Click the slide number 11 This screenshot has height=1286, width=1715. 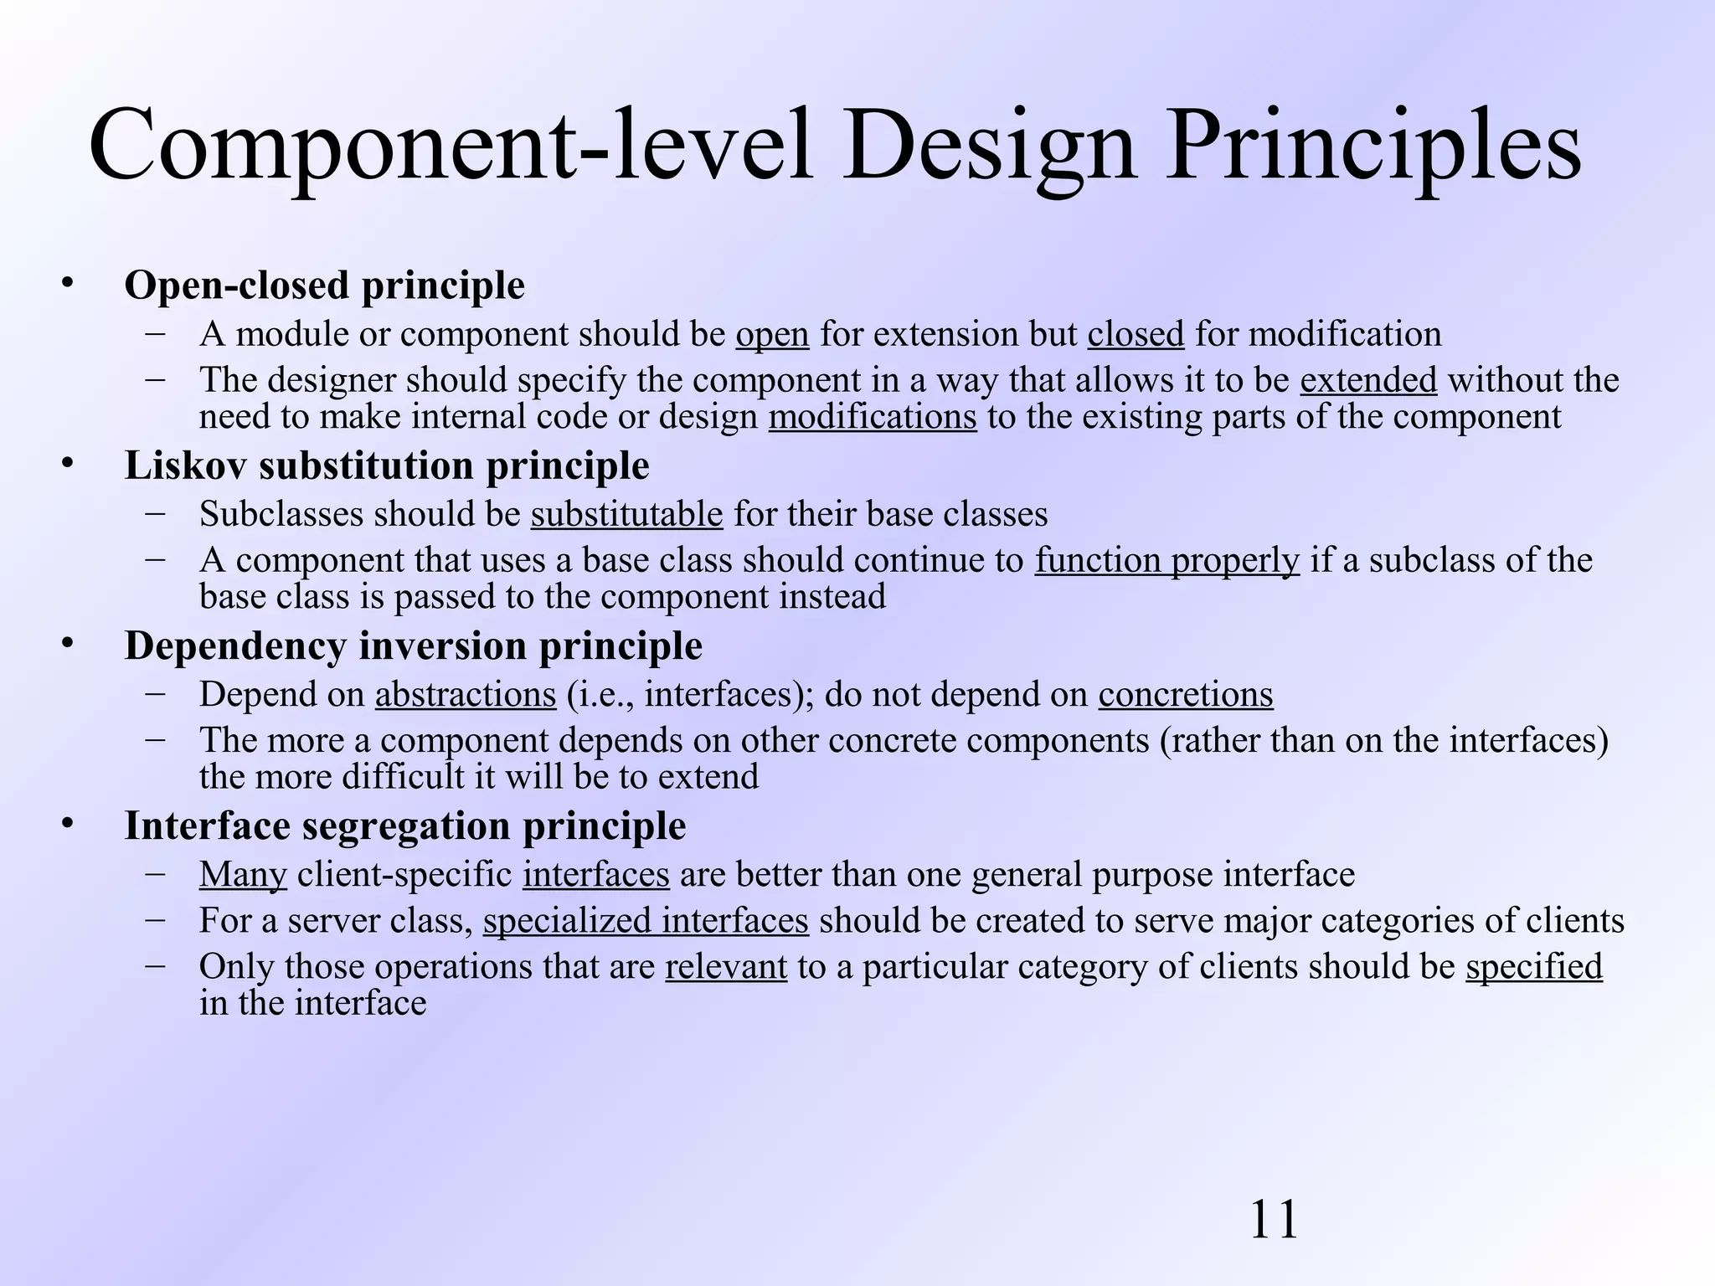click(1274, 1220)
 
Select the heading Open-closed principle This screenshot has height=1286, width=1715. click(324, 285)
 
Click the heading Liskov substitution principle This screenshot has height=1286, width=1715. click(386, 466)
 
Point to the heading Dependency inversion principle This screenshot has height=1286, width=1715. click(413, 646)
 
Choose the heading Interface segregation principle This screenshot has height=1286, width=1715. click(404, 826)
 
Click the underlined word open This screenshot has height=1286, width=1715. click(772, 335)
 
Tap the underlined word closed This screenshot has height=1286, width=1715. click(1136, 334)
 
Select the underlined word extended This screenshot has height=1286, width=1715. click(1368, 380)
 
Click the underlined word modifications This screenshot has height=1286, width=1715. click(873, 417)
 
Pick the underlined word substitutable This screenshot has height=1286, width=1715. click(626, 514)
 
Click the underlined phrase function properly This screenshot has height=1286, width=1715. click(1167, 560)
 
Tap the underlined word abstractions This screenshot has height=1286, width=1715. click(466, 695)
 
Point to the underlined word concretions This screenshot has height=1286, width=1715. click(1186, 695)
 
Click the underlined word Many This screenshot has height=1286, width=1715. click(243, 875)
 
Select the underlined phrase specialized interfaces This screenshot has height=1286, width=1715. click(646, 921)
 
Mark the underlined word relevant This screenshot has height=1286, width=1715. click(726, 967)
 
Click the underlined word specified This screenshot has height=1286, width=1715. click(1534, 967)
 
